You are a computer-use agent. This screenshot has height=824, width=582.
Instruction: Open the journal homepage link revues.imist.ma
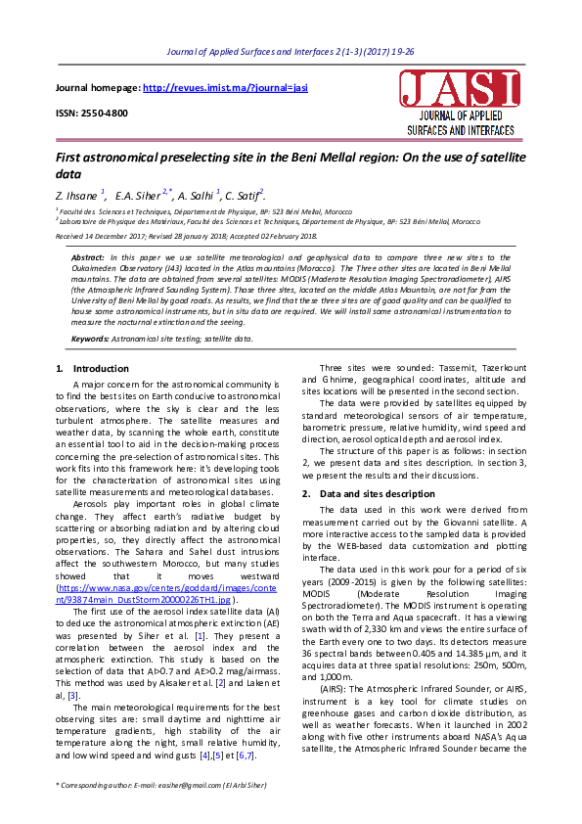pos(225,88)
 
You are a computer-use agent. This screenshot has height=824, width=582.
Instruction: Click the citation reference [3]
pos(99,694)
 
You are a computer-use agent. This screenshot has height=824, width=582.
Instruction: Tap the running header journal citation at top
pos(291,51)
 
